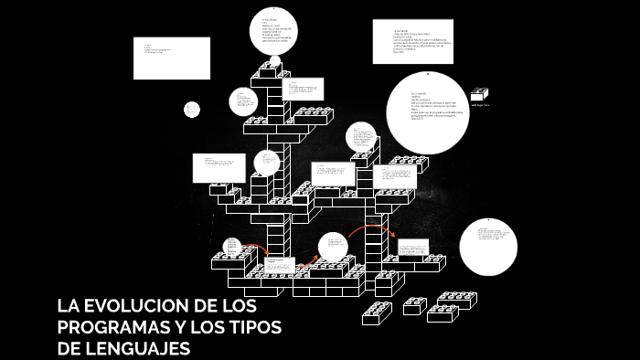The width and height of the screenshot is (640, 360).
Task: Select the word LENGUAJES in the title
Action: click(139, 348)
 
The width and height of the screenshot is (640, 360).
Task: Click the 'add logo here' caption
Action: click(480, 106)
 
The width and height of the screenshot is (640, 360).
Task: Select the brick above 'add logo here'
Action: click(480, 93)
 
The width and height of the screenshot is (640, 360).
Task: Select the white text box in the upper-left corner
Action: click(171, 58)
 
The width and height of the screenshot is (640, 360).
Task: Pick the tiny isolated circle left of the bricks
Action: click(192, 110)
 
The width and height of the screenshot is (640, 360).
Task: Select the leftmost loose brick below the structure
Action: click(376, 312)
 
